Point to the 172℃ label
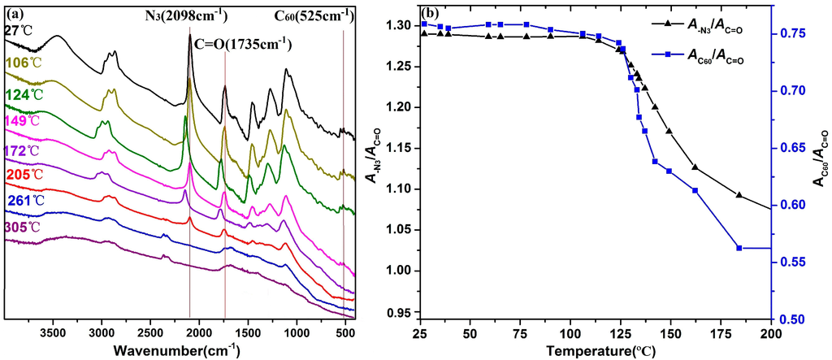click(x=21, y=150)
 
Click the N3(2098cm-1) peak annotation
click(x=184, y=15)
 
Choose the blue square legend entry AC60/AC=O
click(x=697, y=57)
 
